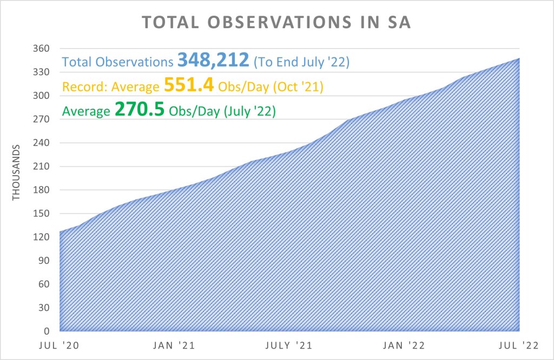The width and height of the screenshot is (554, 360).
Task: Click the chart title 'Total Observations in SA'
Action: tap(277, 23)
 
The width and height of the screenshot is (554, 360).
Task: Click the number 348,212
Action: tap(213, 60)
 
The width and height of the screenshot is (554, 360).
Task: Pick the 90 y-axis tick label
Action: tap(44, 261)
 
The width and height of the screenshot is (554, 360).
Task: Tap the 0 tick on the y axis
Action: tap(47, 331)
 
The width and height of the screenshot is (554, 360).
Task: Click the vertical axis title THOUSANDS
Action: tap(16, 172)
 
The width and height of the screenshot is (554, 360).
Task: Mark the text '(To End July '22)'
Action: tap(301, 62)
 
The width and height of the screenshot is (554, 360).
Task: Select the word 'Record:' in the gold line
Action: tap(81, 86)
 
